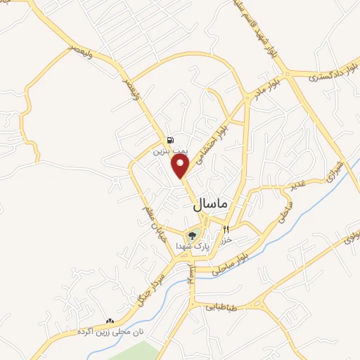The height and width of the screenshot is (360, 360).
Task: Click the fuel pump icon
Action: coord(169,140)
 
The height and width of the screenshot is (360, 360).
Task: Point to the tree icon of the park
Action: coord(192,236)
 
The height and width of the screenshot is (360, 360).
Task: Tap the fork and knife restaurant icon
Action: coord(226,230)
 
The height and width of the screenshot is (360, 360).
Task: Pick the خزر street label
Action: coord(226,240)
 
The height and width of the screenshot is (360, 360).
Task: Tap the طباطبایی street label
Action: coord(224,307)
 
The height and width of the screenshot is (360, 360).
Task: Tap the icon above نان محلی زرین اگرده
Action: coord(109,321)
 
